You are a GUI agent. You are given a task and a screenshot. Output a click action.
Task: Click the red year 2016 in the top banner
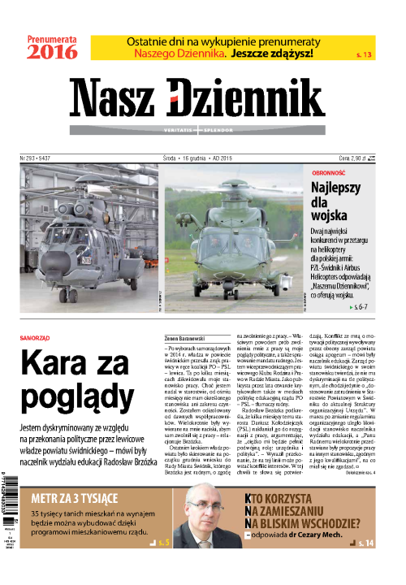coord(52,53)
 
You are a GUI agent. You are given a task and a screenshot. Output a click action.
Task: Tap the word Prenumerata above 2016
coord(52,37)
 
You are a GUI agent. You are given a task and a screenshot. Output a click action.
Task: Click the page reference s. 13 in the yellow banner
coord(365,54)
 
